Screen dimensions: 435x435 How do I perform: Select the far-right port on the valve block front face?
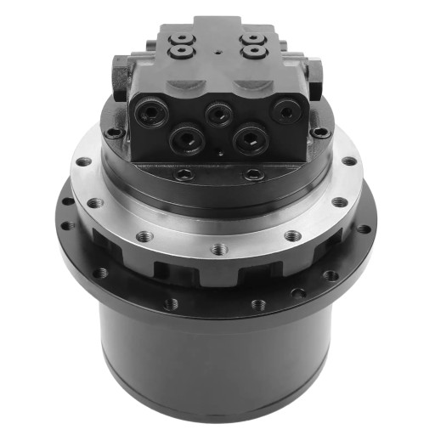click(285, 110)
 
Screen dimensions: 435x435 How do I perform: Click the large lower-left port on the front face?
click(185, 138)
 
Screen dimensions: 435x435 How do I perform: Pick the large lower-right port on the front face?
click(251, 138)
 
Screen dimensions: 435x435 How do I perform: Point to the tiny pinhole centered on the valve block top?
click(217, 51)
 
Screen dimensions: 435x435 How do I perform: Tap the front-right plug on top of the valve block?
click(252, 52)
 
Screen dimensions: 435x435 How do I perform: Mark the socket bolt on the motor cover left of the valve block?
click(114, 133)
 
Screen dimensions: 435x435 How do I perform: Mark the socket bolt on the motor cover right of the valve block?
click(320, 133)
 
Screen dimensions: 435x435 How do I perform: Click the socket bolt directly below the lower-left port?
click(184, 174)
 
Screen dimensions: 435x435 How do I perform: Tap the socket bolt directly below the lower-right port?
click(253, 174)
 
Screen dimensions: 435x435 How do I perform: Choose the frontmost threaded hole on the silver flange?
click(219, 249)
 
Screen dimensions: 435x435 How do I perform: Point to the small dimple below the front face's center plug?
click(219, 154)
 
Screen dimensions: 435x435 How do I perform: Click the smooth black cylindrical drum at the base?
click(217, 357)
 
